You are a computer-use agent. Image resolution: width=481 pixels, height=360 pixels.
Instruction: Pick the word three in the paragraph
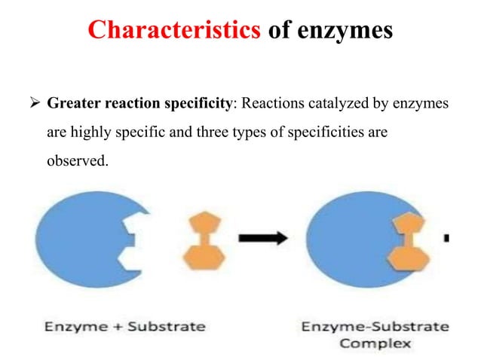click(x=238, y=133)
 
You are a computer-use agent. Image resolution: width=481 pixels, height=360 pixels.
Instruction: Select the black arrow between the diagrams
click(x=263, y=239)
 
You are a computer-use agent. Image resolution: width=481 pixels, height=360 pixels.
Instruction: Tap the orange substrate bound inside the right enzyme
click(x=408, y=241)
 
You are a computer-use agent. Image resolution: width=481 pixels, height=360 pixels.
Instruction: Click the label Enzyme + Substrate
click(x=125, y=327)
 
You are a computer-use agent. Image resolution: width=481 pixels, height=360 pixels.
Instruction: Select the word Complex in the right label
click(x=375, y=343)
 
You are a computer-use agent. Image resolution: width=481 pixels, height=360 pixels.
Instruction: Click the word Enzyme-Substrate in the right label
click(x=375, y=327)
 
